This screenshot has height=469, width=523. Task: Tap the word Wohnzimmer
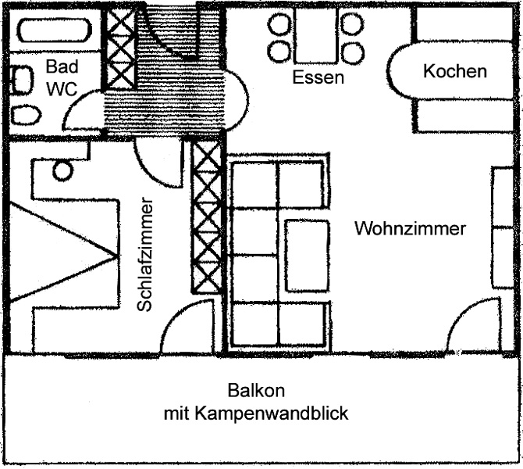(x=410, y=229)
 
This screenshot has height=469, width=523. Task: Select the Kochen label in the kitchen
(x=454, y=72)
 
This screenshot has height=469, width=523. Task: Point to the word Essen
(x=318, y=78)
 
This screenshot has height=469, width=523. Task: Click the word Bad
(x=61, y=66)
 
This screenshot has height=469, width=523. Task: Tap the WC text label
(x=62, y=89)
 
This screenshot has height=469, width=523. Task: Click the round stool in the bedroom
(x=62, y=170)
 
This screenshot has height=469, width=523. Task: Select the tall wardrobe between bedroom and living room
(x=207, y=215)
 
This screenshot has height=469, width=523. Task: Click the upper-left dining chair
(x=279, y=25)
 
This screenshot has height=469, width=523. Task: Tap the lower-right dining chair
(x=353, y=53)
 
